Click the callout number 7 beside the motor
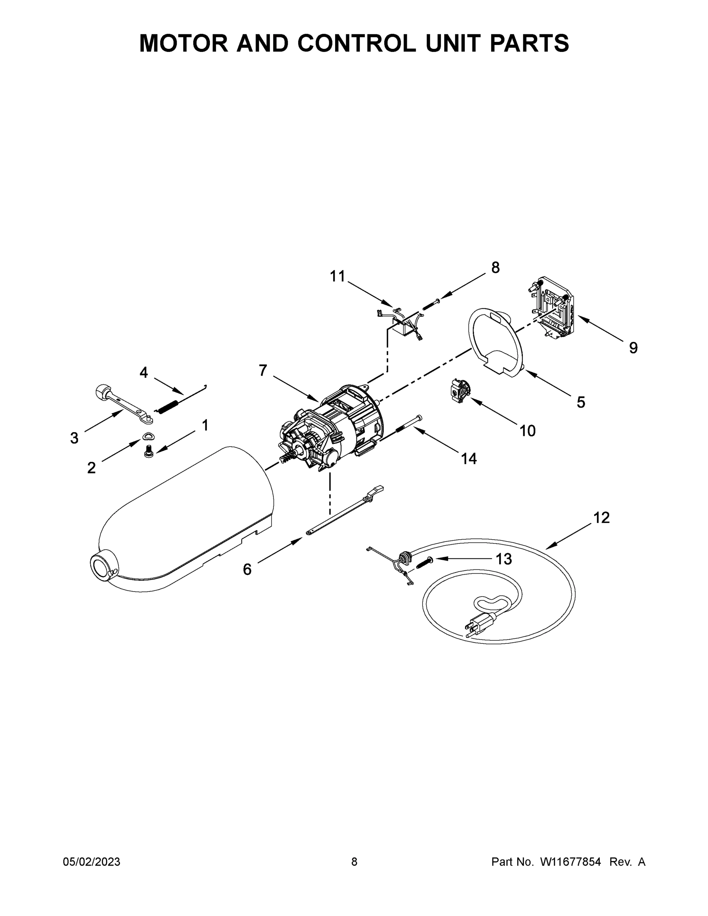[263, 371]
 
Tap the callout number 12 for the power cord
[601, 518]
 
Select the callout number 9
[633, 348]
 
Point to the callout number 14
[469, 459]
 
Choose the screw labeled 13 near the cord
[425, 562]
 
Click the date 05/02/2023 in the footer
[92, 861]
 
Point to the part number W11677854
[571, 861]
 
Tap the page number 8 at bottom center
[354, 861]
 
